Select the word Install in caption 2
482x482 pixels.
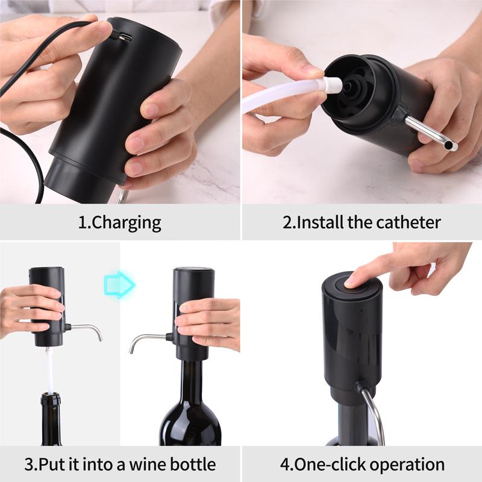click(x=320, y=222)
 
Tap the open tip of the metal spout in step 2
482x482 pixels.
click(x=451, y=146)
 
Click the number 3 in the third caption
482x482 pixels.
click(x=28, y=465)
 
